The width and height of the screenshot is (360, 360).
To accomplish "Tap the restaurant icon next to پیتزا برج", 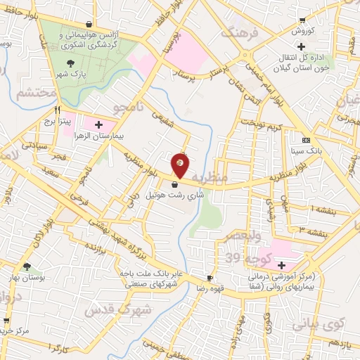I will click(x=58, y=110).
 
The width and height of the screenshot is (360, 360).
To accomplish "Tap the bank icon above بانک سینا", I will click(x=305, y=141).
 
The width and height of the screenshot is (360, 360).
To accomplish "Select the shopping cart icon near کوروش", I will click(x=302, y=20).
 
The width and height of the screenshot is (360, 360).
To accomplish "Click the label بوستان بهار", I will click(x=26, y=277).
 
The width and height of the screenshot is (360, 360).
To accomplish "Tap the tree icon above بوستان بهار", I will click(x=26, y=267).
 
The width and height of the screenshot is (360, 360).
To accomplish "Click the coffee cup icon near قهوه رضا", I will click(x=209, y=278).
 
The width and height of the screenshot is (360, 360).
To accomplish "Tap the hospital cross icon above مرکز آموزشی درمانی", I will click(x=281, y=266).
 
